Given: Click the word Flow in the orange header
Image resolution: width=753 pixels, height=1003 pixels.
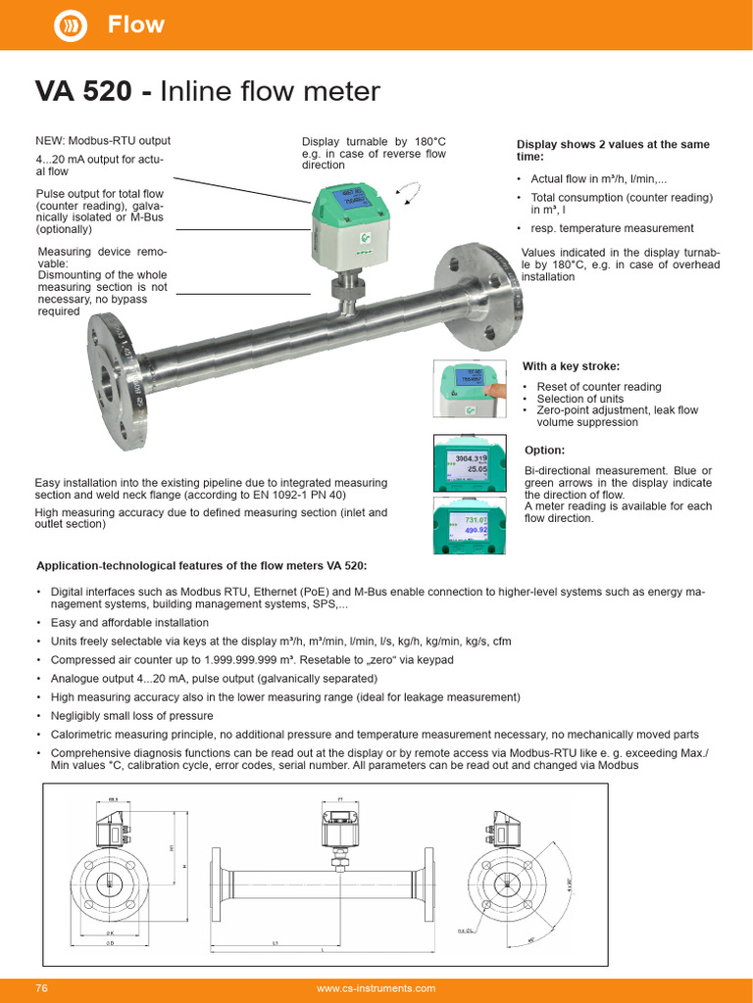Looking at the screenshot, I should point(136,24).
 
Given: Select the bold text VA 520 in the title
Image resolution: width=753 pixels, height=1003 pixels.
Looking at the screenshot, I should point(83,91).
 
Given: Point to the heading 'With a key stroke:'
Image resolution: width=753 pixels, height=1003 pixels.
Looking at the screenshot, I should point(571,366).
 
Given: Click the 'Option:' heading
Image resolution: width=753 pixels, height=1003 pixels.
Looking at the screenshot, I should point(544,450).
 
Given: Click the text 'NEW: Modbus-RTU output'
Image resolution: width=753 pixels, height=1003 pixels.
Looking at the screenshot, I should point(103,141).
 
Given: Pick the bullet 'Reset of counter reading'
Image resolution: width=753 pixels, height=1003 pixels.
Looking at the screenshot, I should point(598,387).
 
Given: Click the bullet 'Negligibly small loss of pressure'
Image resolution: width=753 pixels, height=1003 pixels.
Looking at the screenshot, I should point(131,715).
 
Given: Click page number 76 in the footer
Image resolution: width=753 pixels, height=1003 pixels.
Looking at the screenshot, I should point(41,988).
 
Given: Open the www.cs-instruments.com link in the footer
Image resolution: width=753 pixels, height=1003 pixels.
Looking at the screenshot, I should point(376,988).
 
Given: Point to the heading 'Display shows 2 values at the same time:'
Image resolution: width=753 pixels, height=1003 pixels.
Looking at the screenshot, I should point(613,150).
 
